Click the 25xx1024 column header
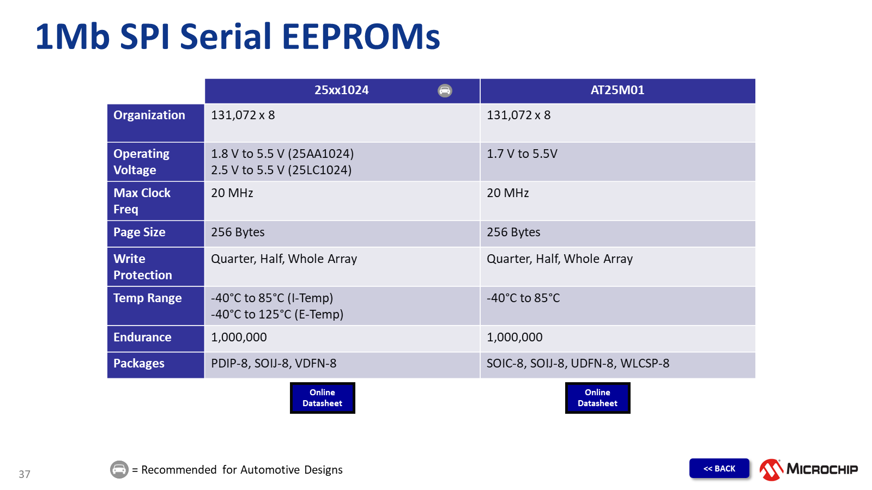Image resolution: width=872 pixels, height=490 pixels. pyautogui.click(x=341, y=90)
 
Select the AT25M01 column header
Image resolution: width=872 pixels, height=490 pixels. pyautogui.click(x=617, y=90)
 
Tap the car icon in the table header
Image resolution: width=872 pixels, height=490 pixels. pyautogui.click(x=445, y=90)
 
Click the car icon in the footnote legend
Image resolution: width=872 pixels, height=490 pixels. pyautogui.click(x=119, y=469)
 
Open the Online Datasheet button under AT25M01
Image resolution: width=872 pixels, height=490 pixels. pyautogui.click(x=597, y=398)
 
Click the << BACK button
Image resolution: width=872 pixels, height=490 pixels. pyautogui.click(x=719, y=468)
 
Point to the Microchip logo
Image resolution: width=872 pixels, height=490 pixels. pyautogui.click(x=809, y=469)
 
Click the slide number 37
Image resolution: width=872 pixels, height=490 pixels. pyautogui.click(x=25, y=474)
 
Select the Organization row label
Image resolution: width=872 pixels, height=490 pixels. pyautogui.click(x=149, y=115)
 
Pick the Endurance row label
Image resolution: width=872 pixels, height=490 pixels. pyautogui.click(x=142, y=337)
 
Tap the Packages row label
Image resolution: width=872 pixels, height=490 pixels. pyautogui.click(x=138, y=363)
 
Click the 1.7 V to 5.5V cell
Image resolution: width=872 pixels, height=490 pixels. pyautogui.click(x=522, y=154)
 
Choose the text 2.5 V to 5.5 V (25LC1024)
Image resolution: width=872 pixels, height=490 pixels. pyautogui.click(x=281, y=170)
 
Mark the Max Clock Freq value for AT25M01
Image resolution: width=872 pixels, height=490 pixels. pyautogui.click(x=507, y=193)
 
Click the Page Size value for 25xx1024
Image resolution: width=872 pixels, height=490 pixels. pyautogui.click(x=238, y=232)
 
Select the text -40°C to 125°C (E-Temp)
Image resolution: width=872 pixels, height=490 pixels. pyautogui.click(x=277, y=314)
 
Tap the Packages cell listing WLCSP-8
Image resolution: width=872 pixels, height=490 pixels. pyautogui.click(x=578, y=363)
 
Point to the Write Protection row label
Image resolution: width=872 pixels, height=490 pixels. pyautogui.click(x=142, y=267)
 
